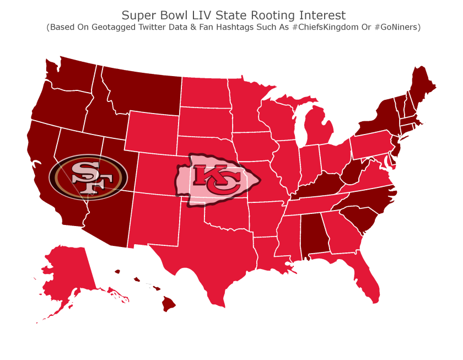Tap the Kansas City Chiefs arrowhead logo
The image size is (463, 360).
click(x=217, y=180)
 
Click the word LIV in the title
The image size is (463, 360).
click(x=208, y=15)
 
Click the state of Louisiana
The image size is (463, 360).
click(x=265, y=251)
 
